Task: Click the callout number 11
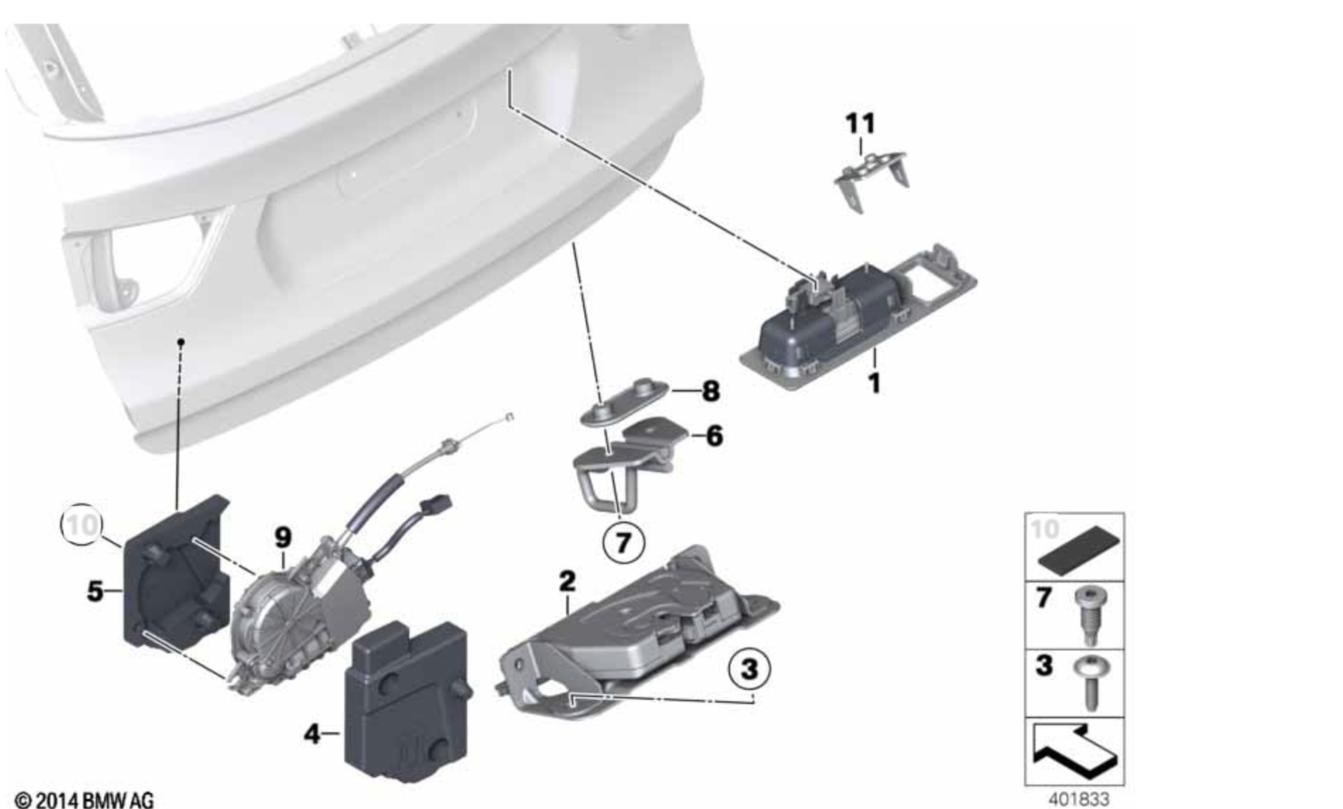tap(860, 124)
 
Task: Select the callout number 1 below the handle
tap(874, 384)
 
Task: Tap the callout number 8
tap(711, 391)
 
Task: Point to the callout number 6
tap(714, 436)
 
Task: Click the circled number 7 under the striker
tap(623, 543)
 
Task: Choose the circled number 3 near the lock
tap(749, 667)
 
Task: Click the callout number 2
tap(567, 581)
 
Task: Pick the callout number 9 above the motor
tap(283, 537)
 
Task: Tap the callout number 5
tap(95, 591)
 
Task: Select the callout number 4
tap(312, 734)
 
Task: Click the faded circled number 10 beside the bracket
tap(82, 525)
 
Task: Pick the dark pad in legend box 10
tap(1078, 554)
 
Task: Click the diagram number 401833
tap(1078, 799)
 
